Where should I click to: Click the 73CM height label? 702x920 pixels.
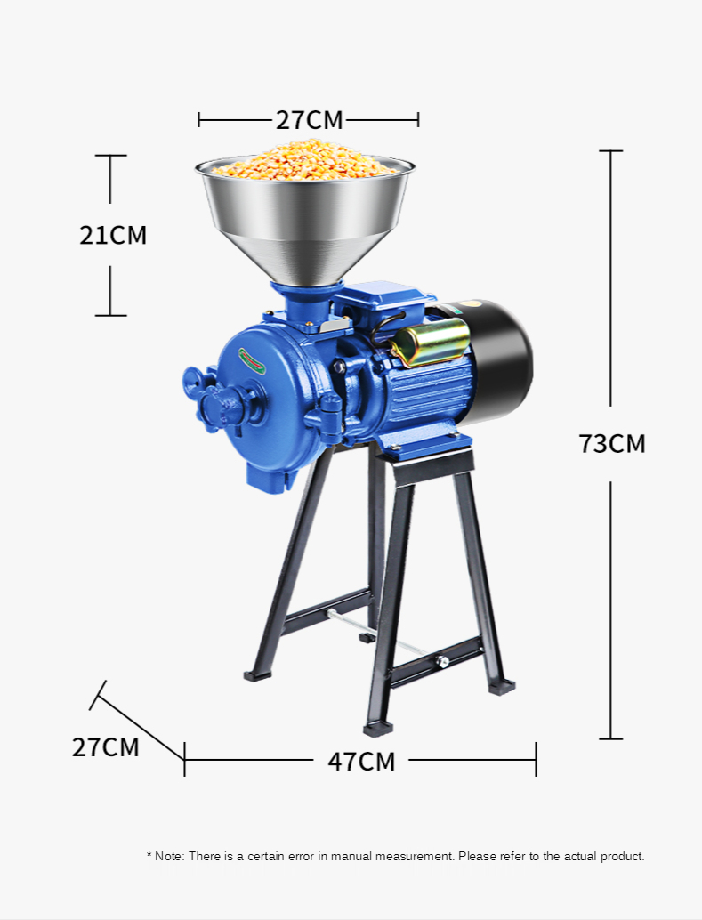click(x=611, y=444)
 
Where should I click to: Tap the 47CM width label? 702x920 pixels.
click(x=361, y=762)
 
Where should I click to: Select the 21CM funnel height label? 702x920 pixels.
click(x=113, y=235)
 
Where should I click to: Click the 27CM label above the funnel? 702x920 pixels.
click(x=310, y=120)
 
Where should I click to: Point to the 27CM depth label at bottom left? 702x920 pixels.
click(x=106, y=747)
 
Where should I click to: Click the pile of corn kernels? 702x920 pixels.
click(x=304, y=159)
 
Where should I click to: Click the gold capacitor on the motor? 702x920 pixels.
click(x=432, y=343)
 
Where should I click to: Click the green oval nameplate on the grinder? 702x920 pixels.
click(x=252, y=361)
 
